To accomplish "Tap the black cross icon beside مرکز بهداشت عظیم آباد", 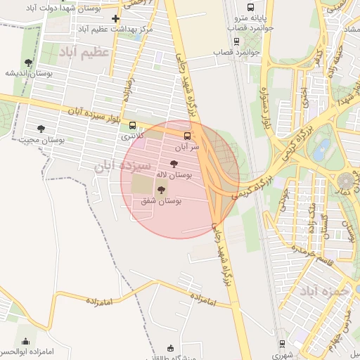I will point(116,18).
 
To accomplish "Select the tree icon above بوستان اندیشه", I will point(28,63).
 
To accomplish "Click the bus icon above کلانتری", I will point(132,125).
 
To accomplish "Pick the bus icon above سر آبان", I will point(187,136).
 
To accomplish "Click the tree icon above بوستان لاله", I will point(174,164).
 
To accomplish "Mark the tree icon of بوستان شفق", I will point(161,190).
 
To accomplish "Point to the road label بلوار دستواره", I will point(266,110).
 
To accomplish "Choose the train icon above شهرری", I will point(283,344).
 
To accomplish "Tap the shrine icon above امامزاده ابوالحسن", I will point(26,341).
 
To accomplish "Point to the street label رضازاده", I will point(129,89).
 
